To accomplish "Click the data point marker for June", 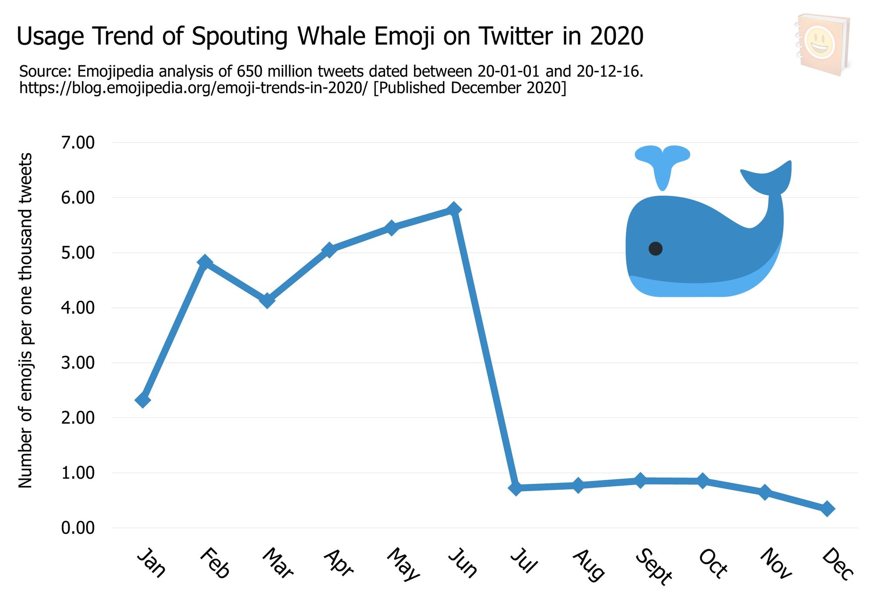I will (x=453, y=209).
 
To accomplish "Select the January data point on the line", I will (x=143, y=400).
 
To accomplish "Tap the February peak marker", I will (x=205, y=262).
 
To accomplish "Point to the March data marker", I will (x=267, y=300).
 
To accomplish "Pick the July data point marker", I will (x=516, y=488).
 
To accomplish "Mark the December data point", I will (x=827, y=509).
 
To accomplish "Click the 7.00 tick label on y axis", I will (x=78, y=142).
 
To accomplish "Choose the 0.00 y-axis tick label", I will (x=78, y=528).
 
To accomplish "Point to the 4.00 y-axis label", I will (x=78, y=308).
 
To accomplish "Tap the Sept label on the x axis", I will (x=653, y=566).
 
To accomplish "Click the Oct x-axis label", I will (x=713, y=563).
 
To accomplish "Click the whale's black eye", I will (x=655, y=249).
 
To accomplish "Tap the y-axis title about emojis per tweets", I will (x=26, y=320).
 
